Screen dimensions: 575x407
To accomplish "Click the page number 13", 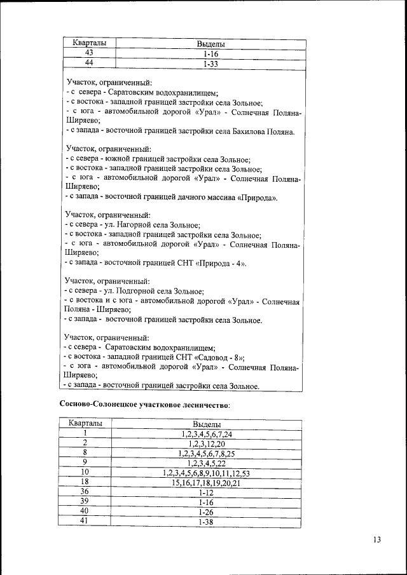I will coord(376,540).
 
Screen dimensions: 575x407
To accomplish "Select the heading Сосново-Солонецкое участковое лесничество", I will coord(145,404).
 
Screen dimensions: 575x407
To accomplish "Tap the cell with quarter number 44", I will coord(89,64).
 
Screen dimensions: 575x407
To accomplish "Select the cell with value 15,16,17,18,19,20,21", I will coord(206,483).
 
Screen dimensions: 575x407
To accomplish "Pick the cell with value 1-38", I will coord(206,522).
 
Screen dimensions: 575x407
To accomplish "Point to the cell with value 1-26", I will coord(206,511).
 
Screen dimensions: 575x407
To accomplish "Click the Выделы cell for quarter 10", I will coord(206,473).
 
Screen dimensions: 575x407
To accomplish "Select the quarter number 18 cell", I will coord(85,483).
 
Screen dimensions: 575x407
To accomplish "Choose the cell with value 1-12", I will coord(206,492).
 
